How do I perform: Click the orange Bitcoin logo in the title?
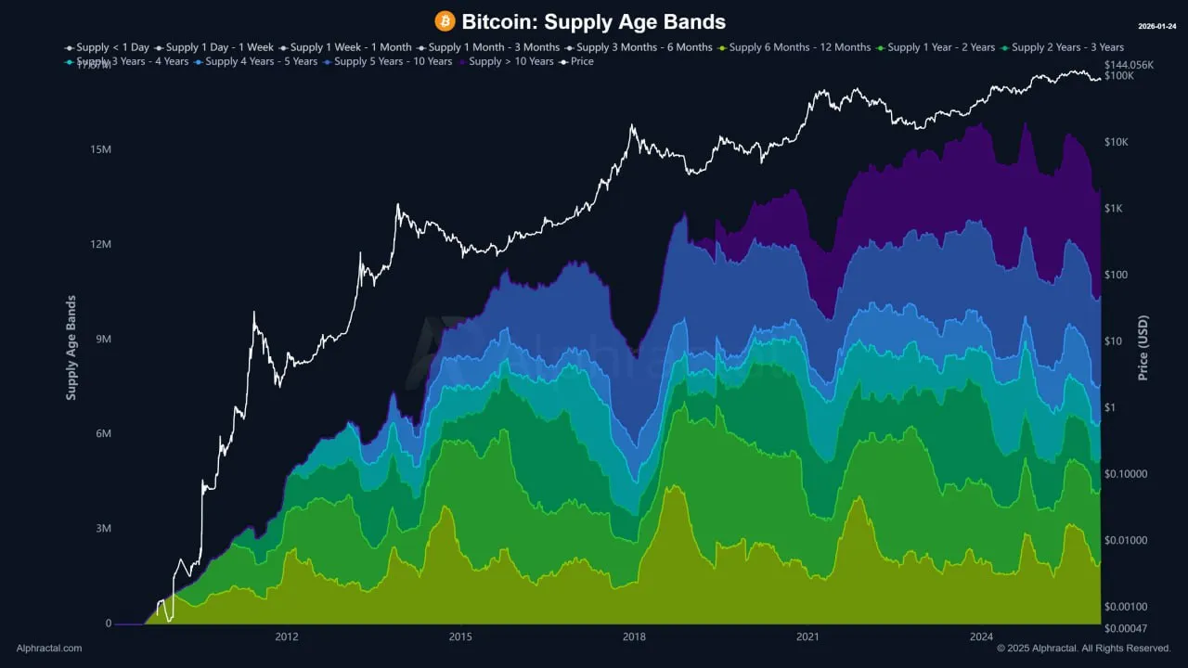[445, 20]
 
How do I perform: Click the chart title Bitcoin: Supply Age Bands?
[593, 21]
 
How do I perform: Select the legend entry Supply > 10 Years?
[511, 61]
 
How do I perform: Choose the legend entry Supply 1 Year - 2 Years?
[941, 47]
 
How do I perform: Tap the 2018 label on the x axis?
[634, 636]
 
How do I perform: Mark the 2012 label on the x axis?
[287, 636]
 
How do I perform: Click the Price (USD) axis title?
[1143, 348]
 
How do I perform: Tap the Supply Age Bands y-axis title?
[71, 348]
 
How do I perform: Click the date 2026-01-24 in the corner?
[1158, 26]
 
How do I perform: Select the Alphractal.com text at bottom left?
[49, 649]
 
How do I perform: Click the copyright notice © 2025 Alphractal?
[1084, 649]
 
